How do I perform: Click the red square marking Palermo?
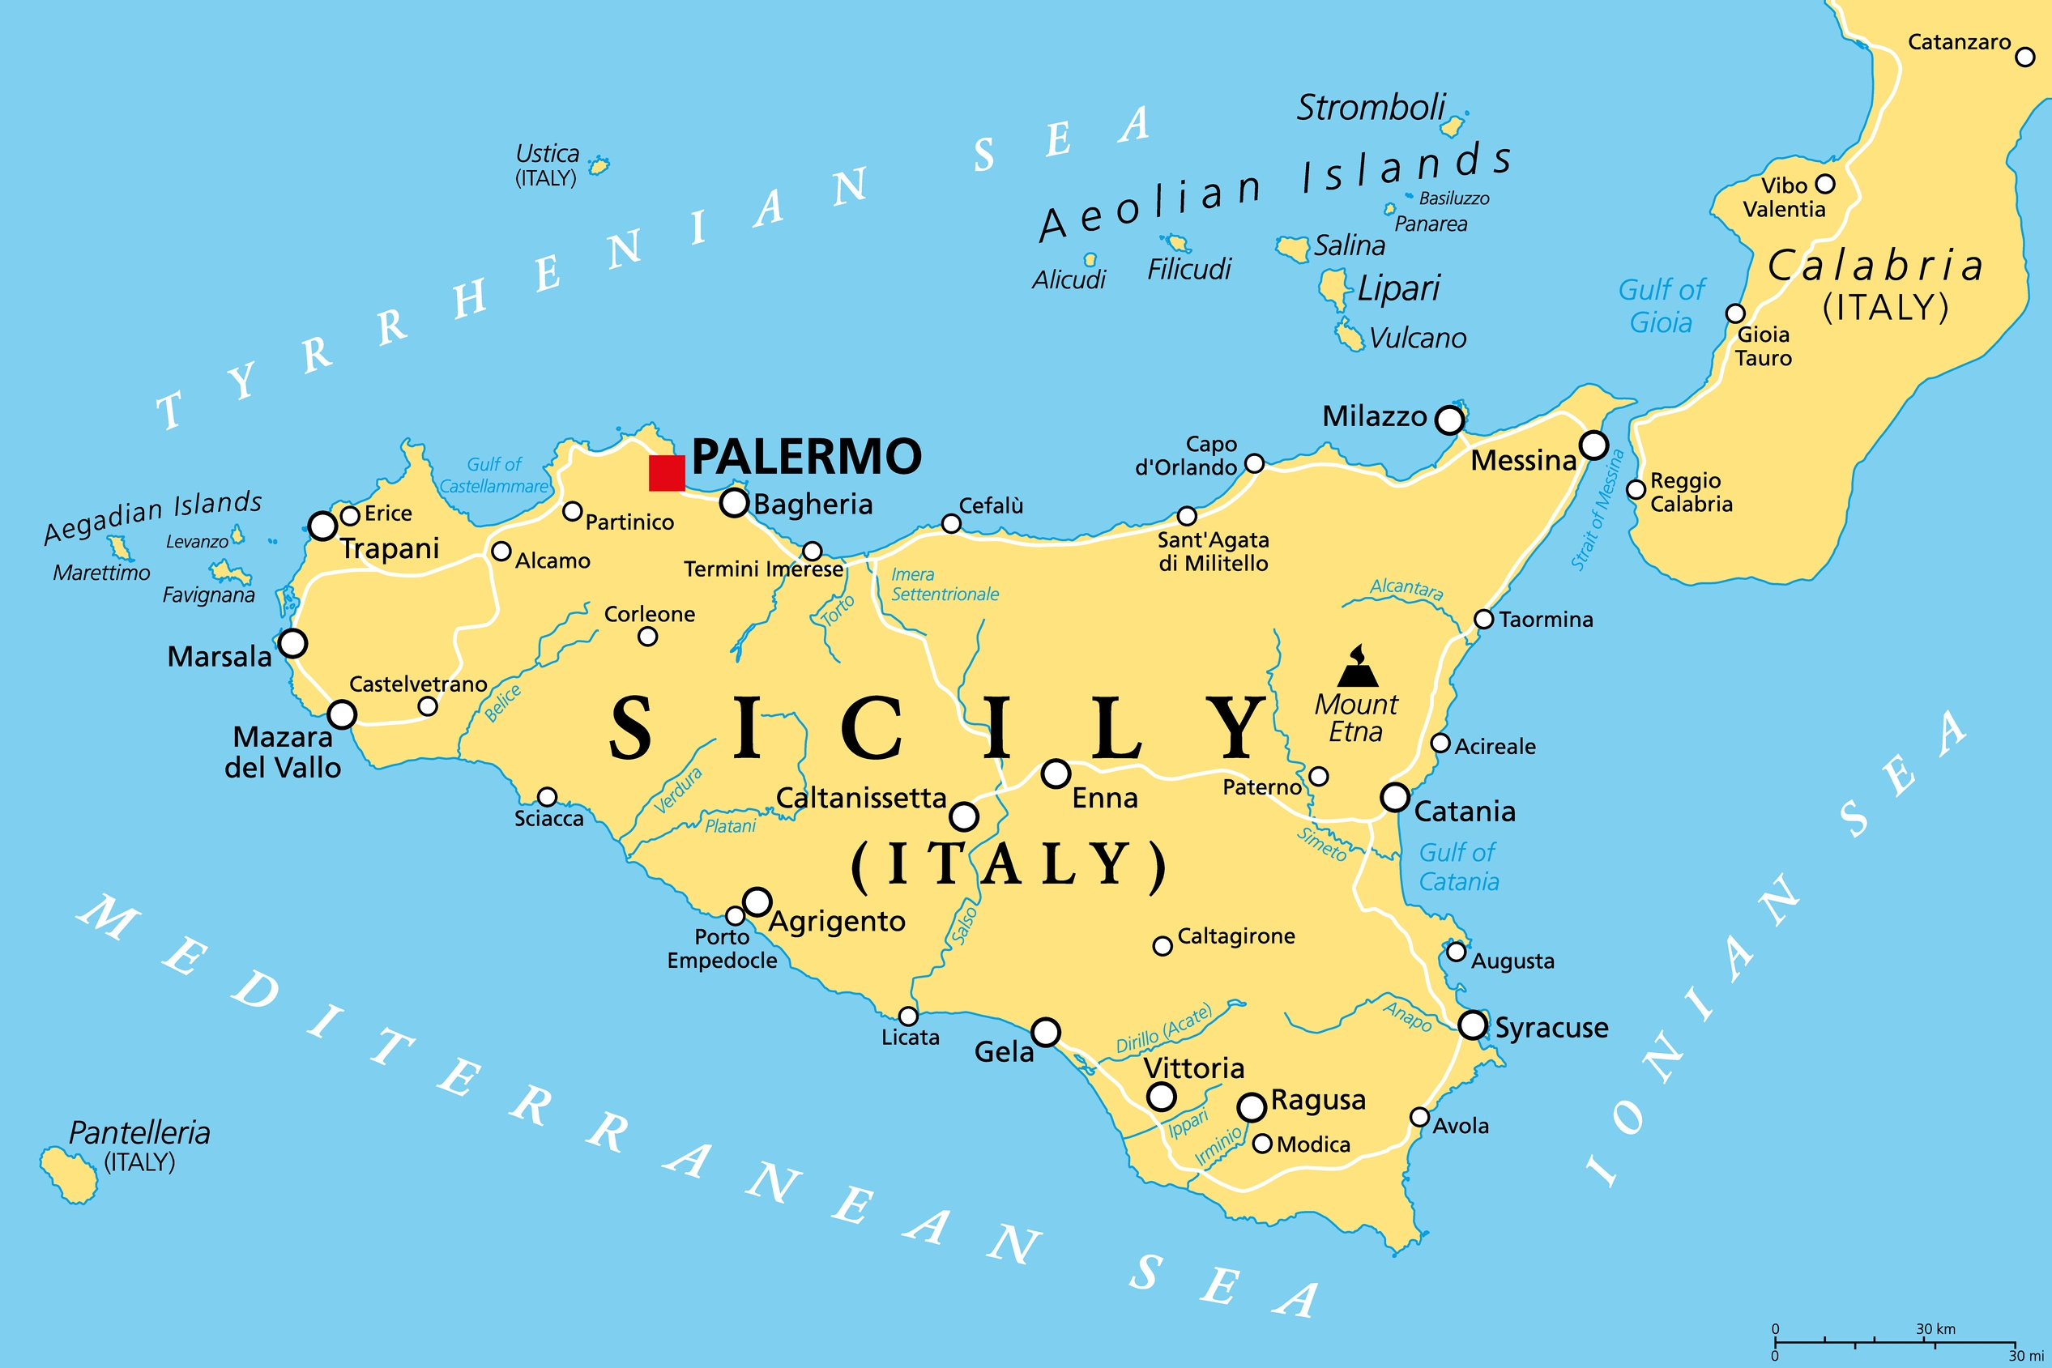point(667,473)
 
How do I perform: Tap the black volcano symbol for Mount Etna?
point(1358,668)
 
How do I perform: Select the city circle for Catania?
point(1395,796)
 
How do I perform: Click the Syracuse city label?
point(1551,1027)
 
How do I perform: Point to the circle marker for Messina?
point(1593,445)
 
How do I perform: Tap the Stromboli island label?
point(1371,109)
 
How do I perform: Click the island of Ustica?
point(599,165)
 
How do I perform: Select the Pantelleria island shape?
point(69,1174)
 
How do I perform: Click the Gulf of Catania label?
point(1458,867)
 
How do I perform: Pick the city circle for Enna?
point(1056,773)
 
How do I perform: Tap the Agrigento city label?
point(837,921)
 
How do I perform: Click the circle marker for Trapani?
point(322,526)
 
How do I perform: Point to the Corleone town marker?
point(647,637)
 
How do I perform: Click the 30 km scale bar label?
point(1935,1329)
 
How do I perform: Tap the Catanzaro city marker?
point(2025,58)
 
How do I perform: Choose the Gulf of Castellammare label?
point(494,475)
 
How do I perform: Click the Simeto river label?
point(1322,844)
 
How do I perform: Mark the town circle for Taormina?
point(1483,619)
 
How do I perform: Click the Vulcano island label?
point(1418,338)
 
